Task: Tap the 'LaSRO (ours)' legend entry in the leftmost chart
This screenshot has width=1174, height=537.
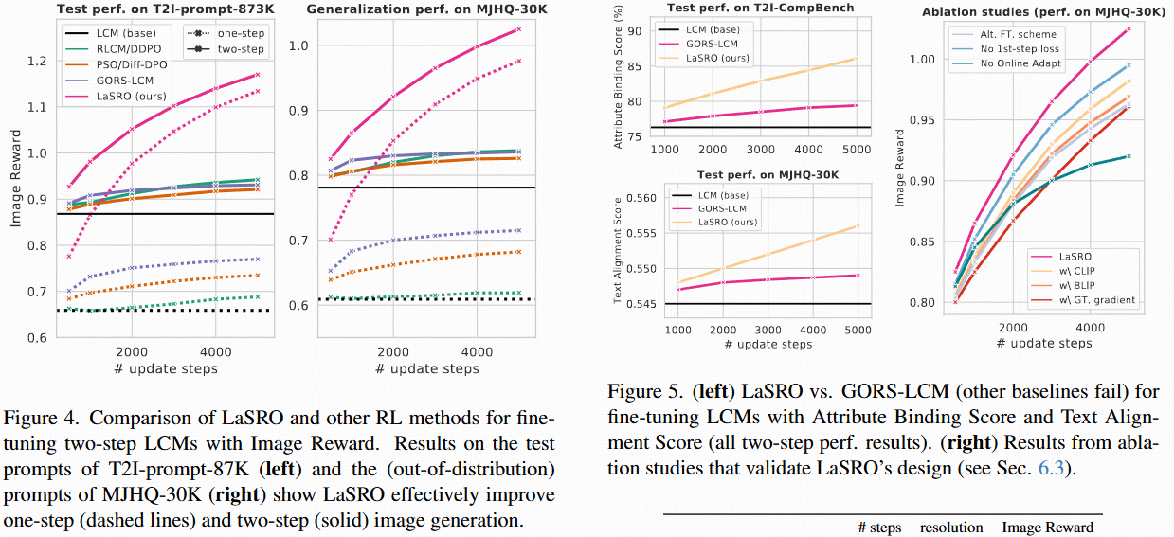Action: (x=131, y=97)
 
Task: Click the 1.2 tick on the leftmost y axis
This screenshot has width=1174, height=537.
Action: (x=36, y=62)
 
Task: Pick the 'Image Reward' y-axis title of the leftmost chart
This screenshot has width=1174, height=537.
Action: (x=15, y=196)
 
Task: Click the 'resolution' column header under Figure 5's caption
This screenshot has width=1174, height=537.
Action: (x=951, y=528)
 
